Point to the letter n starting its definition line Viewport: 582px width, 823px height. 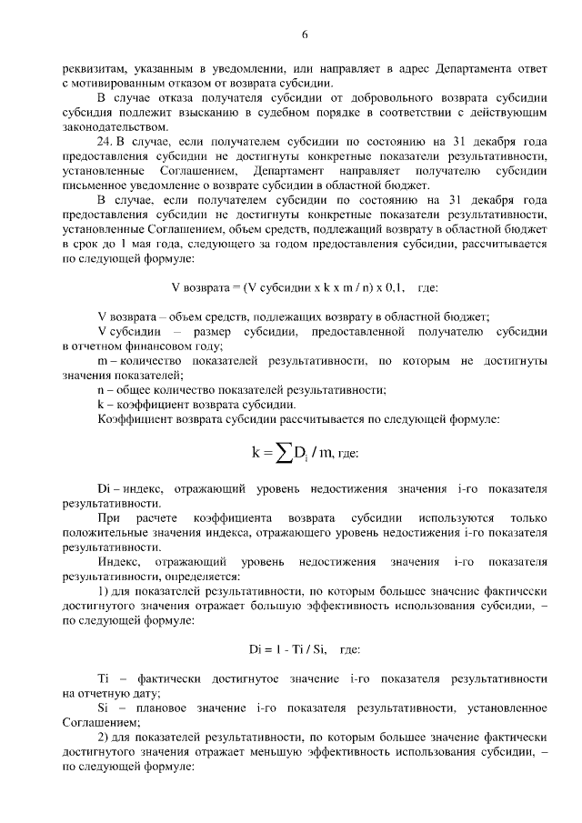pos(100,389)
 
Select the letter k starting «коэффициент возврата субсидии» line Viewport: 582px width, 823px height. pos(100,404)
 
